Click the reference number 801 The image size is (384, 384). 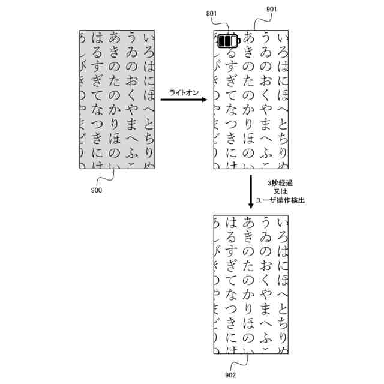[x=211, y=13]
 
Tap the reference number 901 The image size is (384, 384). [x=271, y=10]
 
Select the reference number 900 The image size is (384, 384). [x=96, y=190]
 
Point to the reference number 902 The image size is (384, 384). [x=230, y=375]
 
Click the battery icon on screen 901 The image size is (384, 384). [x=228, y=41]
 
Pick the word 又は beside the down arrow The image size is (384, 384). [x=280, y=191]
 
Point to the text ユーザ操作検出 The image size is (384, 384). [x=280, y=200]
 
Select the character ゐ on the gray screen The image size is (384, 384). [x=131, y=53]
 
